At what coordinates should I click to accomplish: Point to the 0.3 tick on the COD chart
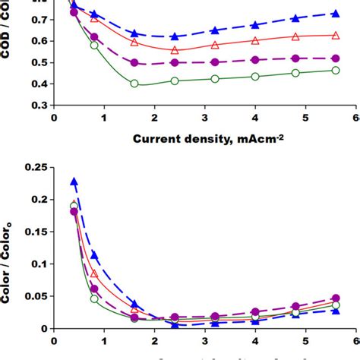pyautogui.click(x=36, y=105)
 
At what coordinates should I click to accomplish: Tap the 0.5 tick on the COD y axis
pyautogui.click(x=36, y=63)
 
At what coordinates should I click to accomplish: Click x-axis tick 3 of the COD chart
pyautogui.click(x=204, y=118)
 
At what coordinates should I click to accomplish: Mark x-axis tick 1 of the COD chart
pyautogui.click(x=104, y=118)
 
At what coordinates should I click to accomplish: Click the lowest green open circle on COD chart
pyautogui.click(x=134, y=84)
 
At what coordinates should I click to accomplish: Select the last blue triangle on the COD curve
pyautogui.click(x=336, y=14)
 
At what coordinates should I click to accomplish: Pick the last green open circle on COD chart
pyautogui.click(x=336, y=70)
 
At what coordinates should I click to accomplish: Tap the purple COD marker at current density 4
pyautogui.click(x=255, y=58)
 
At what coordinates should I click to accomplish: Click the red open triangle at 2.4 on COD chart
pyautogui.click(x=175, y=50)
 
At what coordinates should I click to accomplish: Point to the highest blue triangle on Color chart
pyautogui.click(x=74, y=182)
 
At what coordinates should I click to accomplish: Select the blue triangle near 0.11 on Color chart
pyautogui.click(x=94, y=255)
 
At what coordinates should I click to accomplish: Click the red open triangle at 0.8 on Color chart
pyautogui.click(x=94, y=273)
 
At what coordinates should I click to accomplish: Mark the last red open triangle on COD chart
pyautogui.click(x=336, y=35)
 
